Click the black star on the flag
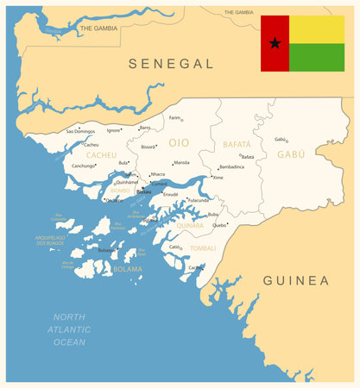pos(275,43)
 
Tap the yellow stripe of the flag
pos(316,29)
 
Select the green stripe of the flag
pos(316,57)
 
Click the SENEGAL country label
pos(171,64)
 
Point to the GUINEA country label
pos(296,280)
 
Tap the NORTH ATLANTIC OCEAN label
pos(70,329)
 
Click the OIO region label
pos(179,142)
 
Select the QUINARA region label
pos(190,225)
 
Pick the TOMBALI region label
pos(203,247)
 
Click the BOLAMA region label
pos(128,269)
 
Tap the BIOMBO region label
pos(120,191)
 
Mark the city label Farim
pos(175,117)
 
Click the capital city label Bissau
pos(143,191)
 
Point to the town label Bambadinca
pos(231,166)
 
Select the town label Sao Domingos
pos(80,131)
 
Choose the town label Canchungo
pos(84,166)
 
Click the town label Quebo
pos(220,225)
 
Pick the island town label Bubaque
pos(105,250)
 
